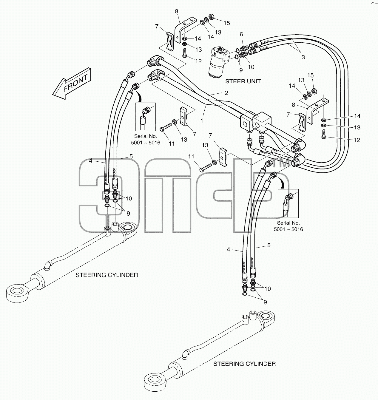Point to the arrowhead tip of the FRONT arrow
tap(53, 94)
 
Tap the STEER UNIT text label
tap(243, 81)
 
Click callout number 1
tap(202, 121)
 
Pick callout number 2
tap(226, 93)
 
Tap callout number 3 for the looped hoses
tap(303, 57)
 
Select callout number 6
tap(241, 34)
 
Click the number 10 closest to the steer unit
tap(251, 67)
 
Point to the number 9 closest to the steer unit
tap(241, 70)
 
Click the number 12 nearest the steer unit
tap(198, 61)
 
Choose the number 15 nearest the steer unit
tap(227, 23)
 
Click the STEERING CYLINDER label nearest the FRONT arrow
tap(107, 275)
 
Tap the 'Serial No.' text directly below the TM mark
tap(288, 223)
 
